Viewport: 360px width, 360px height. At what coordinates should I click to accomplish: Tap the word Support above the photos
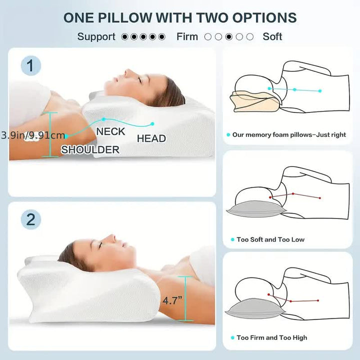[x=96, y=36]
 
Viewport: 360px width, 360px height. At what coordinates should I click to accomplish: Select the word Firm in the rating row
[x=187, y=36]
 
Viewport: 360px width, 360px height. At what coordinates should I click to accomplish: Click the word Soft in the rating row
[x=272, y=36]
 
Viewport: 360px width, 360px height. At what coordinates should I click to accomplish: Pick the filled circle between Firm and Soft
[x=229, y=36]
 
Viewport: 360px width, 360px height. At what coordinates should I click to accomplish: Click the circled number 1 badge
[x=31, y=65]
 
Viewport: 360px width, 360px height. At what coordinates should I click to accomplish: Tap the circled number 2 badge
[x=31, y=219]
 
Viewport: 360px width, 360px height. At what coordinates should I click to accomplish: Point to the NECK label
[x=110, y=131]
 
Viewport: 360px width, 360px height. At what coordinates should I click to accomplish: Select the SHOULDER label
[x=90, y=149]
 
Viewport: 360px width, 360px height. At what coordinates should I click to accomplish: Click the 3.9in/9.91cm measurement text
[x=33, y=135]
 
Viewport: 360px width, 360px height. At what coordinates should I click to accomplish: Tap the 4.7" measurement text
[x=172, y=301]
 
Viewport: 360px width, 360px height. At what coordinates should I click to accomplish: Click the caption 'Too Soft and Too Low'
[x=270, y=239]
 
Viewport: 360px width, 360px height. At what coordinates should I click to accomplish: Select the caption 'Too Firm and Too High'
[x=272, y=337]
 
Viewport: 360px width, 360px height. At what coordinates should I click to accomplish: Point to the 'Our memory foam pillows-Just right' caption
[x=289, y=135]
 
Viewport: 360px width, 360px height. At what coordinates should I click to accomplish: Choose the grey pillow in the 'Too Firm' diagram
[x=252, y=309]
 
